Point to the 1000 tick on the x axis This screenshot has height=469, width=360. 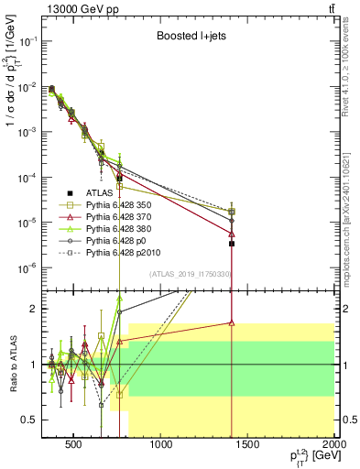162,446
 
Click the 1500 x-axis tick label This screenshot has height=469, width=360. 248,446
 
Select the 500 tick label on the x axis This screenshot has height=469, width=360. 76,446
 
